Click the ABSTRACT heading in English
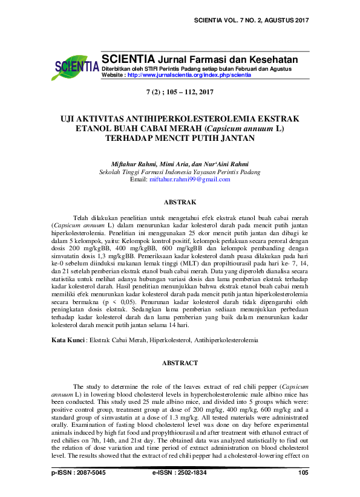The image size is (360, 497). (x=180, y=363)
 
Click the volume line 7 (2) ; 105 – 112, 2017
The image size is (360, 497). (x=180, y=93)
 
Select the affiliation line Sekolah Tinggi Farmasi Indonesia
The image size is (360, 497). (x=180, y=172)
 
